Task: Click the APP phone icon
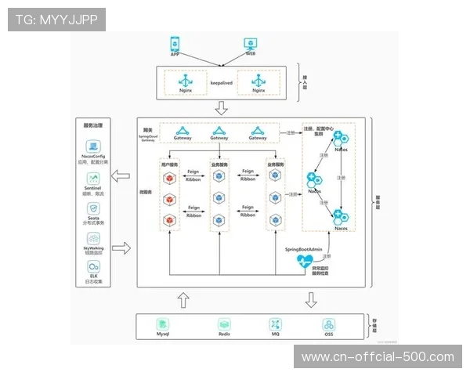174,44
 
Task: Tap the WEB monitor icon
251,44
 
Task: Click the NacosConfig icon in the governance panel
94,146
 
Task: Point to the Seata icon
94,208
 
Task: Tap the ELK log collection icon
94,267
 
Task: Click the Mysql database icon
162,324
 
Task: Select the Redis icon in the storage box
223,324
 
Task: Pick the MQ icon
276,324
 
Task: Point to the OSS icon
329,324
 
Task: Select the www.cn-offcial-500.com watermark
378,357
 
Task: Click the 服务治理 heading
94,125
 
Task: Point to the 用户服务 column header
169,165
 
